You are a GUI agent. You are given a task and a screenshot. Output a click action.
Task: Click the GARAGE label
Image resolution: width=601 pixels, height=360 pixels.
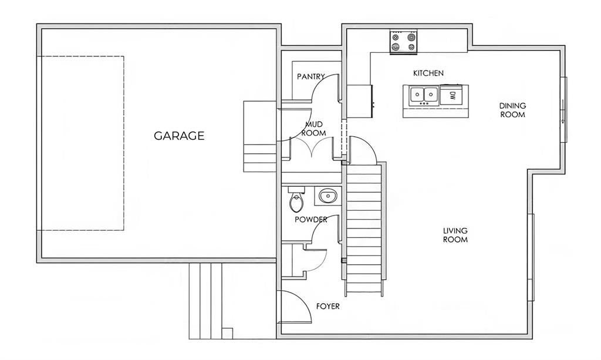click(179, 136)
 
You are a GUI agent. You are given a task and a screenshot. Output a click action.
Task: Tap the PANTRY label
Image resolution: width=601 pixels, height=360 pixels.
click(311, 77)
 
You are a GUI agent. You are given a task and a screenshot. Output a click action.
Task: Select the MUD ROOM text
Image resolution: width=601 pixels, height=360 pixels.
click(314, 129)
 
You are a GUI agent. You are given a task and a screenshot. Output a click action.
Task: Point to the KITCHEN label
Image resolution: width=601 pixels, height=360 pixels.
click(428, 73)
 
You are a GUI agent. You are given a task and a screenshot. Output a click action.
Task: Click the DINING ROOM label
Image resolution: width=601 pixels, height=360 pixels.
click(512, 110)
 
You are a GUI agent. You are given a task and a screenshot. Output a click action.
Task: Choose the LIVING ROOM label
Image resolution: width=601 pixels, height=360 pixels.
click(455, 235)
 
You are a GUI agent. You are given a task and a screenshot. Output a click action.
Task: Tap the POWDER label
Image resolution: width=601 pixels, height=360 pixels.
click(311, 220)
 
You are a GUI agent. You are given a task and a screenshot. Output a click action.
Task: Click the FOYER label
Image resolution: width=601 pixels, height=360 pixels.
click(327, 307)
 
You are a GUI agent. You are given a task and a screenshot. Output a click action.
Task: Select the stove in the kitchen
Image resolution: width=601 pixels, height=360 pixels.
click(404, 42)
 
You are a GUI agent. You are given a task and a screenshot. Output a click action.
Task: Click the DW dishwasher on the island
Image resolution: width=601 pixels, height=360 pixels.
click(452, 95)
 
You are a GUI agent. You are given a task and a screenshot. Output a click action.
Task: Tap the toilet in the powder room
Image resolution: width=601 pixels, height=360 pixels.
click(296, 199)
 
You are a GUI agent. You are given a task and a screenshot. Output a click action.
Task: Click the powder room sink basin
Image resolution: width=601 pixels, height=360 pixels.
click(327, 196)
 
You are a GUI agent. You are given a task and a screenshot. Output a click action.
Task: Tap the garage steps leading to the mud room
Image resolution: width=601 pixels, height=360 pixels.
click(260, 136)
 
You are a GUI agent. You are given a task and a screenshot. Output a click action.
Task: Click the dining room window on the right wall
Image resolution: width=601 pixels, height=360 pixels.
click(563, 110)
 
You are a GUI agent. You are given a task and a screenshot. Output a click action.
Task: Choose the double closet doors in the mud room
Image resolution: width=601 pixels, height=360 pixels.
click(313, 147)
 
